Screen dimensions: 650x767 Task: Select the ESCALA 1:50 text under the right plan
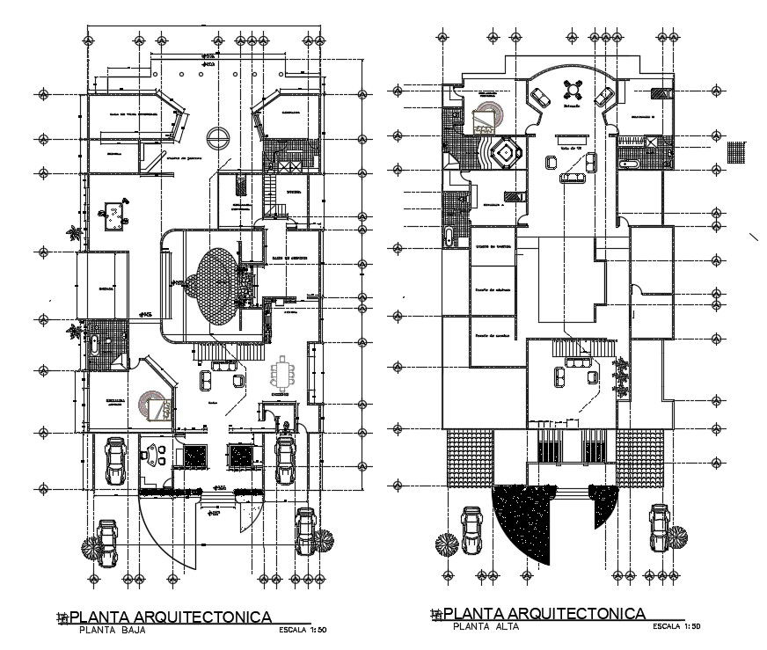pyautogui.click(x=676, y=627)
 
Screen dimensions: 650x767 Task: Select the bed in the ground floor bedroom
pyautogui.click(x=158, y=408)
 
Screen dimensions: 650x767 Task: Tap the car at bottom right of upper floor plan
pyautogui.click(x=659, y=528)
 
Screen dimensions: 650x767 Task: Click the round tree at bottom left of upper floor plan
pyautogui.click(x=447, y=544)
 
